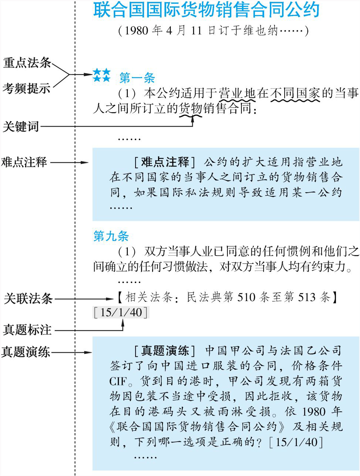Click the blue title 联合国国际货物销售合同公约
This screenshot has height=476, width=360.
click(x=206, y=10)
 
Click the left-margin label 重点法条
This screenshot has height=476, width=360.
click(x=27, y=63)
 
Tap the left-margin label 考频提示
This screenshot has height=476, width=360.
click(x=27, y=89)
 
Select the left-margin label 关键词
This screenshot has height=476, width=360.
click(x=21, y=127)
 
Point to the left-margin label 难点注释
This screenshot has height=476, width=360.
click(x=24, y=162)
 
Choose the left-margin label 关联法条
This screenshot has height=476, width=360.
click(x=28, y=299)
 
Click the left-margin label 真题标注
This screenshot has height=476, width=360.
click(x=27, y=330)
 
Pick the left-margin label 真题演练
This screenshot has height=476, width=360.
click(x=25, y=352)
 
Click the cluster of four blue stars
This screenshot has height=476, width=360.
click(x=102, y=75)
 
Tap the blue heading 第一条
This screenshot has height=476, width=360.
click(x=137, y=78)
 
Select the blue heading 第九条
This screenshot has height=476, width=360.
click(x=111, y=236)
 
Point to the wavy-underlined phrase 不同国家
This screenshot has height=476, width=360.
click(x=295, y=93)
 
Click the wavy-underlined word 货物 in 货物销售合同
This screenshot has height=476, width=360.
click(x=191, y=108)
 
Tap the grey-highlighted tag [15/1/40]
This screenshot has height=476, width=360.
click(x=121, y=313)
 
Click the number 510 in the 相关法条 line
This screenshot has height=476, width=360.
click(x=246, y=297)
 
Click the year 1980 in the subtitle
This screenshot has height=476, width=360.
click(x=136, y=31)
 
